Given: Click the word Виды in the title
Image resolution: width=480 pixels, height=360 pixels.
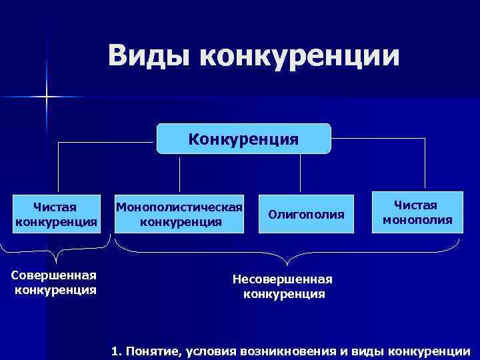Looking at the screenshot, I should [x=147, y=57].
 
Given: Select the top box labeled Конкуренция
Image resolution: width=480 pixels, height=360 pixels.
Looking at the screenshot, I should [x=243, y=139].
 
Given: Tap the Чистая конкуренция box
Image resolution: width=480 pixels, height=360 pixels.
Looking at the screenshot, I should [x=57, y=213].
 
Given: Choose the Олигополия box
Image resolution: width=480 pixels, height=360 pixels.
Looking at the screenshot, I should [x=306, y=214].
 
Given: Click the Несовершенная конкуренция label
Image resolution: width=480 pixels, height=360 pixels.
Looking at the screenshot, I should [x=284, y=286].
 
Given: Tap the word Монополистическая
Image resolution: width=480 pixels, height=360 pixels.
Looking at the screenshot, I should [x=179, y=206].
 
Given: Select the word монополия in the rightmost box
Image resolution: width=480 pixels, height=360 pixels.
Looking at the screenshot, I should [x=417, y=220].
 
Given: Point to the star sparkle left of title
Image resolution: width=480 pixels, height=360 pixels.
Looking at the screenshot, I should [x=47, y=97].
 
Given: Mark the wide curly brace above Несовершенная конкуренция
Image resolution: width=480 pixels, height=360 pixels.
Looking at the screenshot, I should [x=287, y=252].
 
